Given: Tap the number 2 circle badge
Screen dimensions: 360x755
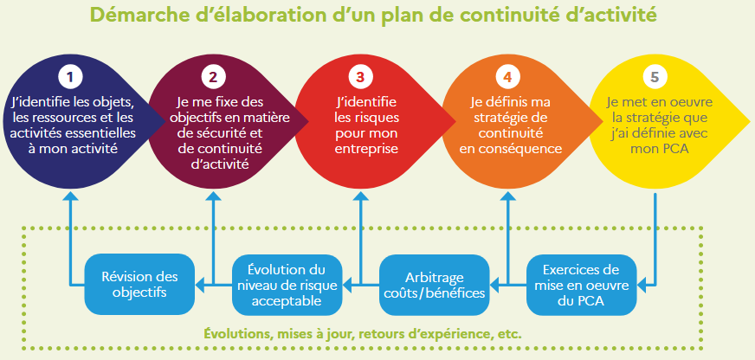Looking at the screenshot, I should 211,75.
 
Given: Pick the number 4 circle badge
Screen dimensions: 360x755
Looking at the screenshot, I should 507,75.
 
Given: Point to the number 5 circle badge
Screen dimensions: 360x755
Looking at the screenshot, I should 655,75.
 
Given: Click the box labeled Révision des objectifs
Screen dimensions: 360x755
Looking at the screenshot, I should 139,285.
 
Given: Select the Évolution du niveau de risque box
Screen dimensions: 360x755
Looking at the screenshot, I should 287,285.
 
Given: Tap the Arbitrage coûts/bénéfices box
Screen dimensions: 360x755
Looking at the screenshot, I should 434,285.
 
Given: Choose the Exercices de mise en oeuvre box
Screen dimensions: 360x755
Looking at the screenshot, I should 581,285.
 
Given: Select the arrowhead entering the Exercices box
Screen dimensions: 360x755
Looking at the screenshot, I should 642,283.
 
